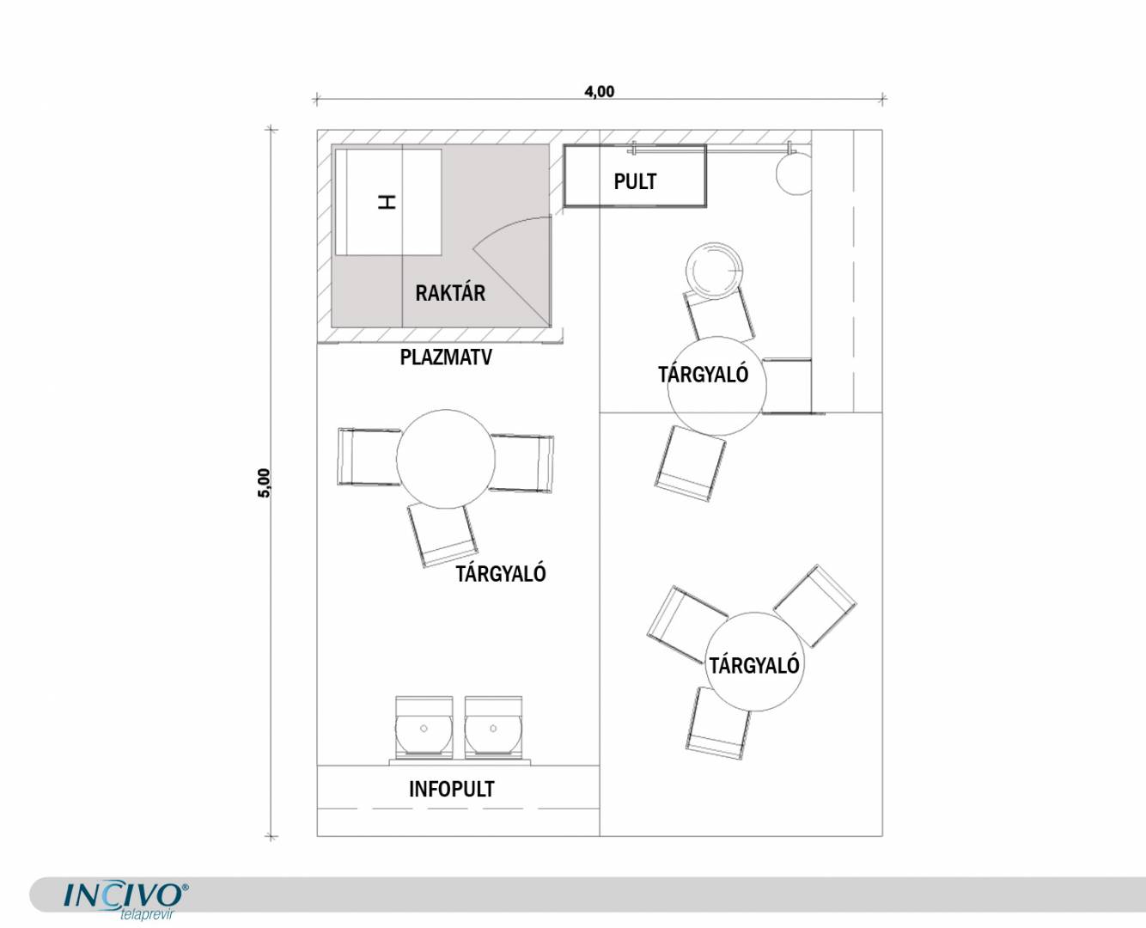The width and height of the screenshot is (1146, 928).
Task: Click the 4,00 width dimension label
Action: tap(600, 91)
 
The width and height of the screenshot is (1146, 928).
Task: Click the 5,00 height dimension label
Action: tap(264, 483)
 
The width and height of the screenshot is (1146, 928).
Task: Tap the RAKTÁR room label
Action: tap(450, 293)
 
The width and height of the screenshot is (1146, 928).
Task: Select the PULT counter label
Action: tap(635, 182)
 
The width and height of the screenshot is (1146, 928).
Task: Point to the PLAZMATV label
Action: tap(446, 357)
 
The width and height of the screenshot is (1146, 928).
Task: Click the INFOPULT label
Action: tap(451, 789)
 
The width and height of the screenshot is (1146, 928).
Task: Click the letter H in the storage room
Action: tap(387, 202)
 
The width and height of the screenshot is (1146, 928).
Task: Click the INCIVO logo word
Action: tap(123, 895)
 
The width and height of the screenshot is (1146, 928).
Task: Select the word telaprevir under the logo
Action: tap(146, 914)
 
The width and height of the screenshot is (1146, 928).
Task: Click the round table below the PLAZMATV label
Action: tap(446, 459)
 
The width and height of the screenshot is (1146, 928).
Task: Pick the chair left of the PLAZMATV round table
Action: tap(369, 457)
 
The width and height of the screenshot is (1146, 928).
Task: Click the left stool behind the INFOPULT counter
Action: tap(424, 727)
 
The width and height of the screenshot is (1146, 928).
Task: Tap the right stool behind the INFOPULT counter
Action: tap(493, 727)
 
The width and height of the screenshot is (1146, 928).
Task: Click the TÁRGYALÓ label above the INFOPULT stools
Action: tap(501, 574)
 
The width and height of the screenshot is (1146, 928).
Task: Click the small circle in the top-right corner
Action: tap(793, 174)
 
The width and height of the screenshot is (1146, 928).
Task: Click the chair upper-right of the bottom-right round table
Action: tap(814, 607)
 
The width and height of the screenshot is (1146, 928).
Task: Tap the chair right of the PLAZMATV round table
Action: tap(521, 463)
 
